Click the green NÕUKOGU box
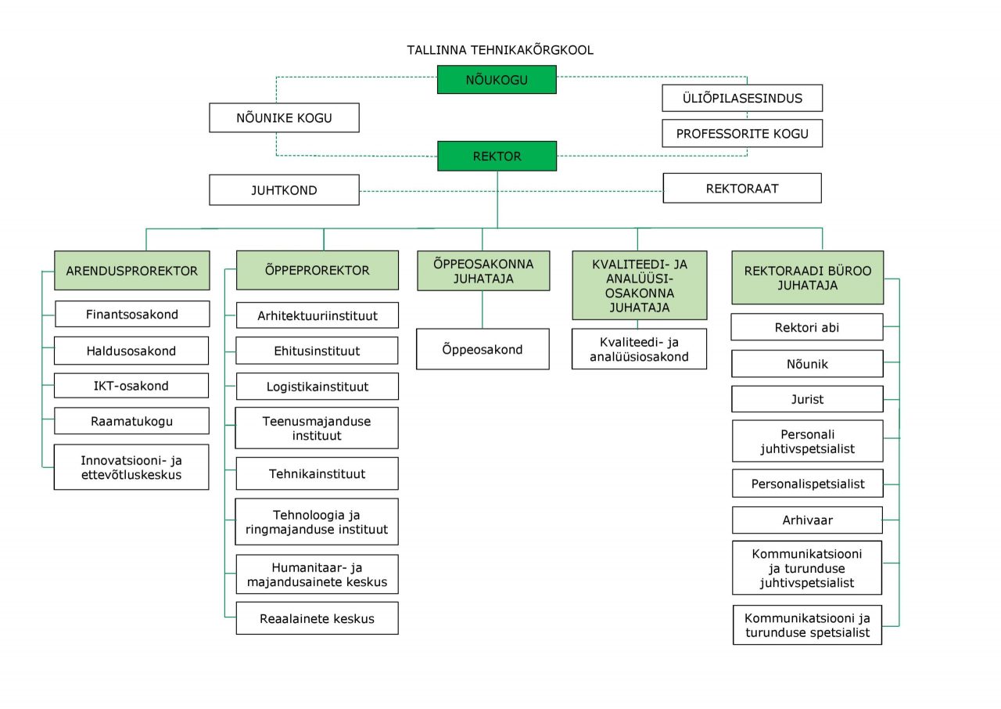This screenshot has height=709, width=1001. (x=497, y=80)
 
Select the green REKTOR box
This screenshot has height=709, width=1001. (x=497, y=156)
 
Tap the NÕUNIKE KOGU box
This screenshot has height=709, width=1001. (x=284, y=117)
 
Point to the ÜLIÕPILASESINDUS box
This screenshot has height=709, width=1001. (x=742, y=98)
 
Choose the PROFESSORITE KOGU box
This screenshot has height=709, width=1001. (x=742, y=133)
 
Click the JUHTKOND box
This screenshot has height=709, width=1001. (x=284, y=190)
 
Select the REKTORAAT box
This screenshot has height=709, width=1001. (x=742, y=188)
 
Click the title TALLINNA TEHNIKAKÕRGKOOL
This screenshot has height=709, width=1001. (x=500, y=50)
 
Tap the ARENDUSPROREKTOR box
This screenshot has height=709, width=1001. (x=132, y=271)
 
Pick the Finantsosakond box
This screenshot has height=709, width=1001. (x=132, y=314)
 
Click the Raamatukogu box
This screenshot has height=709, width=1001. (x=132, y=421)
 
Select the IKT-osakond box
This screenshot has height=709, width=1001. (x=131, y=385)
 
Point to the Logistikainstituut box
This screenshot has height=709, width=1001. (x=318, y=387)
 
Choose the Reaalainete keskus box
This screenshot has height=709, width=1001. (x=318, y=618)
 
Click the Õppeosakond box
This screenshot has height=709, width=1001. (x=483, y=349)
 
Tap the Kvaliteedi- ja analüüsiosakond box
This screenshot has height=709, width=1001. (x=639, y=349)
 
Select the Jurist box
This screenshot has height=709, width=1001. (x=808, y=399)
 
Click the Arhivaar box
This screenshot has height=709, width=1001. (x=808, y=520)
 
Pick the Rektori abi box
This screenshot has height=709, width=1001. (x=807, y=327)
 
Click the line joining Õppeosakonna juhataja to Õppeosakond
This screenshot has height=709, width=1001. (x=483, y=310)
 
